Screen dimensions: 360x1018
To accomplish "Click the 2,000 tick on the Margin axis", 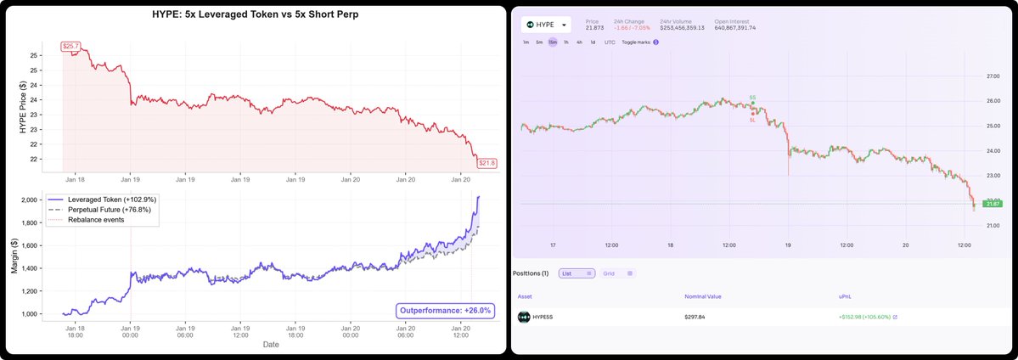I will [x=45, y=200].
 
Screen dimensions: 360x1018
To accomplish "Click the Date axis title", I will [x=271, y=345].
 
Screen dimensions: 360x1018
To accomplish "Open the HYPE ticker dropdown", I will [x=546, y=25].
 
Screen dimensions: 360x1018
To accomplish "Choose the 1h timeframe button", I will [x=566, y=42].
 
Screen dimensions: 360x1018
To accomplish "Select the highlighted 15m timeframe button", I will [x=553, y=42].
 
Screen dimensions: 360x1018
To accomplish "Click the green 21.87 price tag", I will [x=991, y=204].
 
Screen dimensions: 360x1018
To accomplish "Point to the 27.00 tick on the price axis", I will [x=989, y=76].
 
